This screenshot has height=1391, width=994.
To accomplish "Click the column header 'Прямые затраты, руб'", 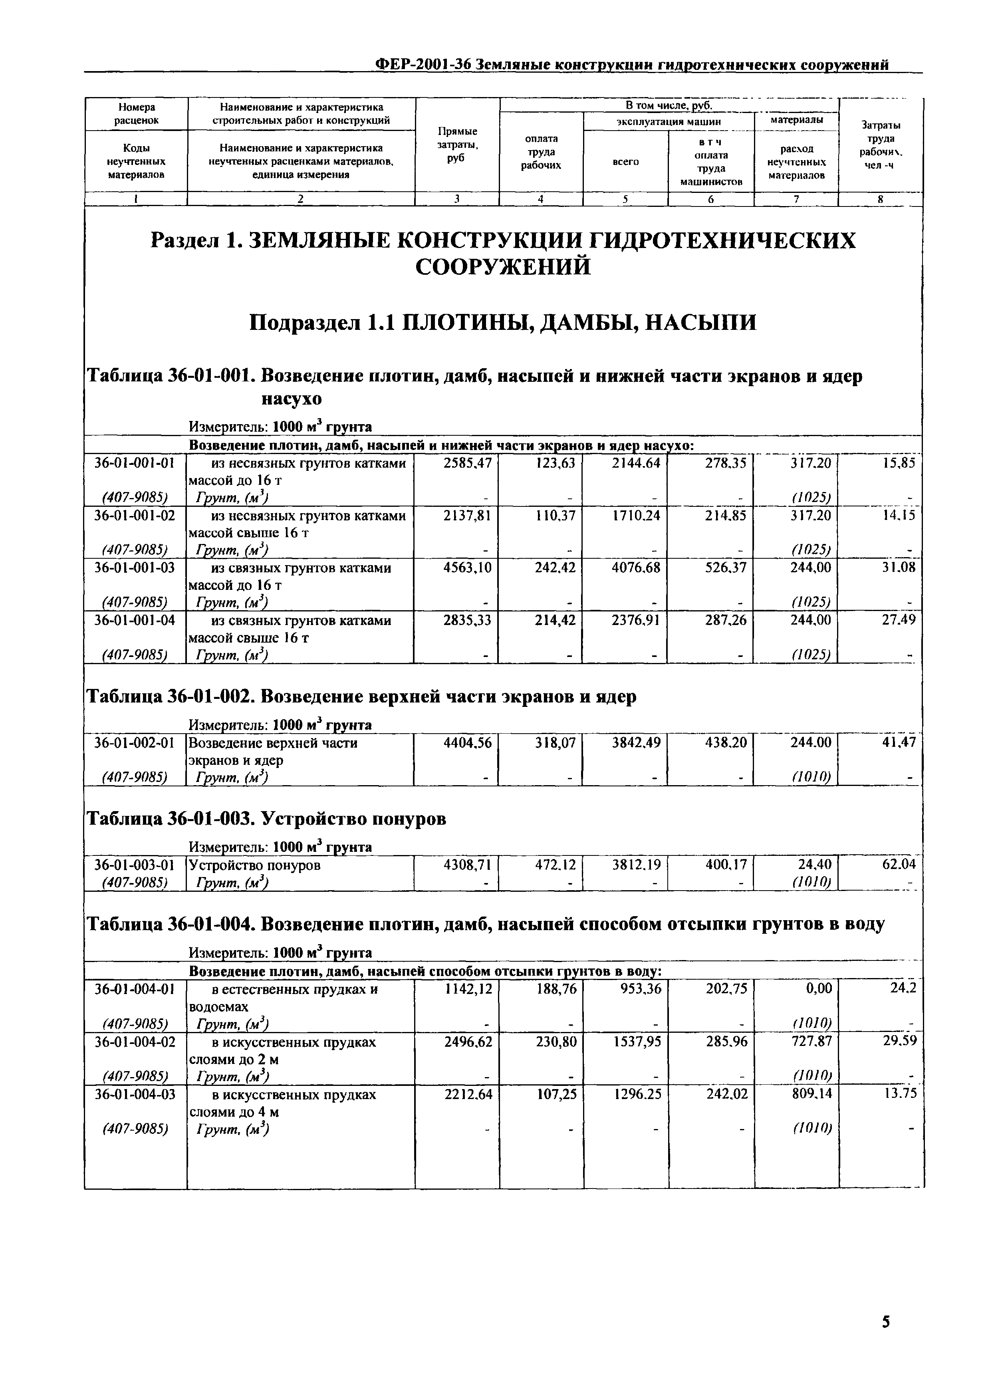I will [x=457, y=145].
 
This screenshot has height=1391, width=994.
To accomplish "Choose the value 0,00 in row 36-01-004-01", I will [x=818, y=988].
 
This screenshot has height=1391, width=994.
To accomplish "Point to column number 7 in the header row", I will [x=796, y=199].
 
